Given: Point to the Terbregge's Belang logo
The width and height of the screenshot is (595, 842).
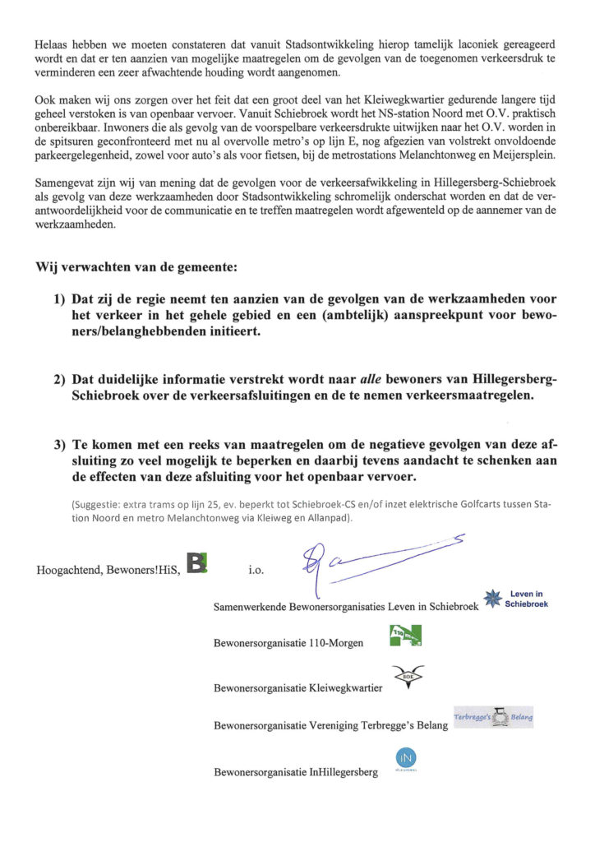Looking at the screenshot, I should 494,717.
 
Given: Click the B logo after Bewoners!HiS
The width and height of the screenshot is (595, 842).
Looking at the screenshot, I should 198,565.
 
